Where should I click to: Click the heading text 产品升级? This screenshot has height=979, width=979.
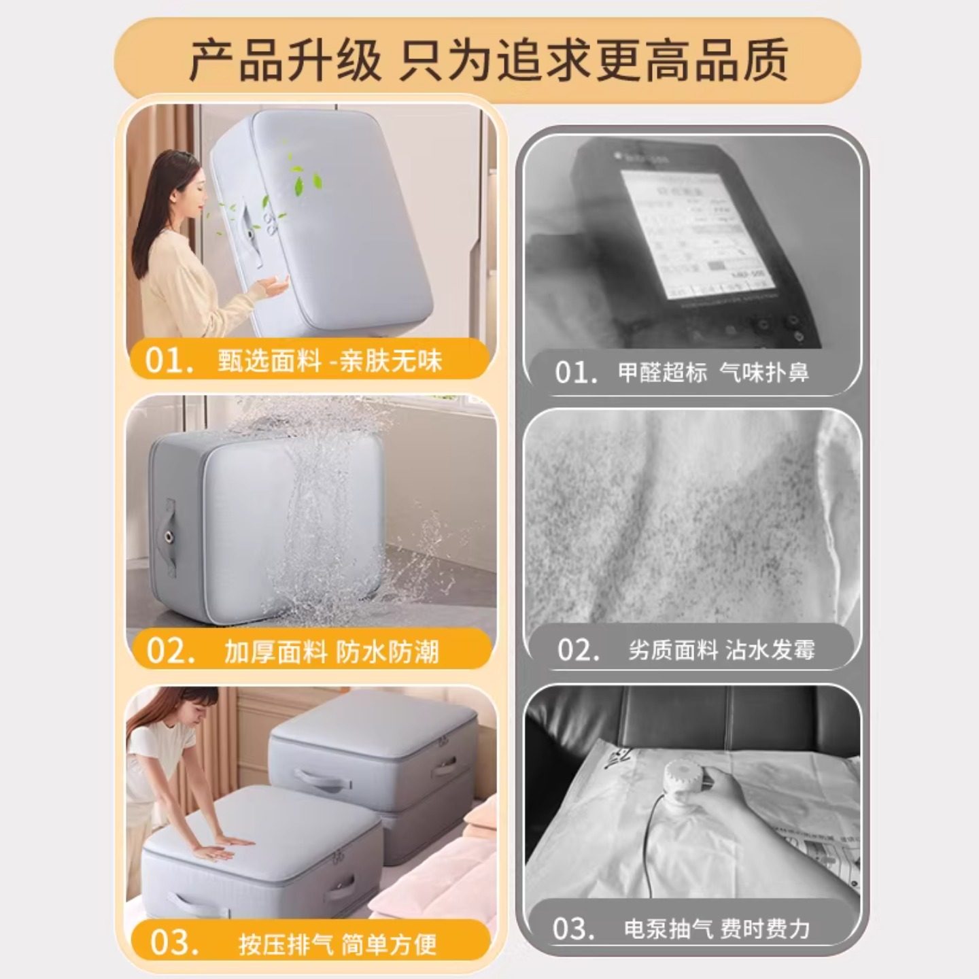click(x=285, y=61)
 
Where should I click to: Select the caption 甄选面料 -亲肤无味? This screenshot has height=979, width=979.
click(x=330, y=360)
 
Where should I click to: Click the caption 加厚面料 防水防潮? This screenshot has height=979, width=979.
click(x=332, y=651)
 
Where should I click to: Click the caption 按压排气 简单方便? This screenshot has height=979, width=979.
click(x=337, y=944)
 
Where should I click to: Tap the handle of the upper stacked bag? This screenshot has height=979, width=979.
click(x=320, y=776)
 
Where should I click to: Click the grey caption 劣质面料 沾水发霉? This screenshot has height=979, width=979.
click(x=721, y=650)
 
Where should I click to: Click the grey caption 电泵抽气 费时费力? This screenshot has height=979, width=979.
click(x=717, y=929)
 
